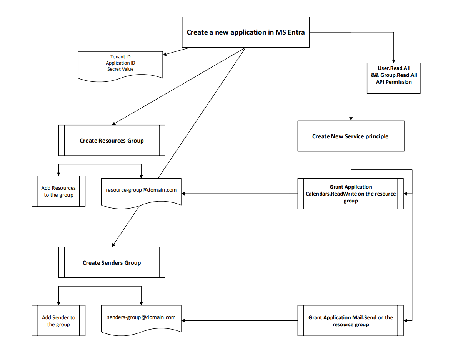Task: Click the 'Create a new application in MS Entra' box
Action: [245, 32]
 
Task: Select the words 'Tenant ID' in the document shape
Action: [120, 57]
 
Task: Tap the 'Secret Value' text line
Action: [120, 69]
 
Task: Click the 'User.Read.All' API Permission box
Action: [393, 78]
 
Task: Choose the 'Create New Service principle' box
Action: [350, 136]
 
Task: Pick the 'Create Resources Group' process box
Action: [112, 140]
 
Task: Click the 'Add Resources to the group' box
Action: [58, 191]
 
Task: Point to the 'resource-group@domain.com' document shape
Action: [141, 190]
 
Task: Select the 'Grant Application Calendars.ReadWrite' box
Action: [350, 194]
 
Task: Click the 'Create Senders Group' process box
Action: [112, 262]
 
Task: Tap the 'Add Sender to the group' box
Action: [58, 320]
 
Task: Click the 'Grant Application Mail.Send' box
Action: [350, 320]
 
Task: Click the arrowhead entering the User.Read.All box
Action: [393, 61]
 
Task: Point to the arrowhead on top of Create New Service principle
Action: [351, 118]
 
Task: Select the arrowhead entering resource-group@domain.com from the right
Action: [184, 194]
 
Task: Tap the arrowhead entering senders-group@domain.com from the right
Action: [184, 320]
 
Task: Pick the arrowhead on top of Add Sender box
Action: [58, 303]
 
